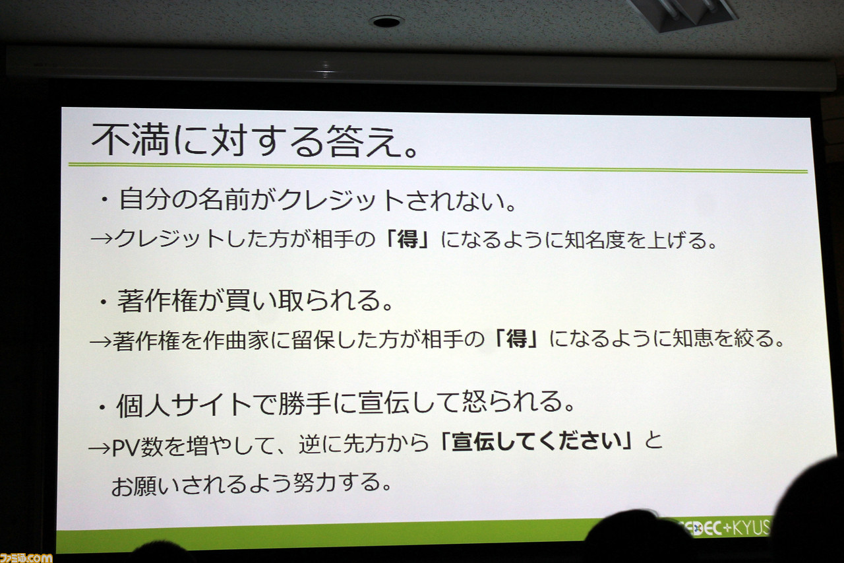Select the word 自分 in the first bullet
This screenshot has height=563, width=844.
[x=144, y=199]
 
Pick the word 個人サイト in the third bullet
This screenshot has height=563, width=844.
[x=184, y=405]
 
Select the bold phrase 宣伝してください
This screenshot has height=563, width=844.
[x=537, y=442]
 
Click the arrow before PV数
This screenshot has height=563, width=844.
[x=100, y=448]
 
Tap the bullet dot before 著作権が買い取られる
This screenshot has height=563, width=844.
[x=104, y=303]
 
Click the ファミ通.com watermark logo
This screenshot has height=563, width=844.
[x=26, y=557]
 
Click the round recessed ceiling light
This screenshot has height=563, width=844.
[x=386, y=22]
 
